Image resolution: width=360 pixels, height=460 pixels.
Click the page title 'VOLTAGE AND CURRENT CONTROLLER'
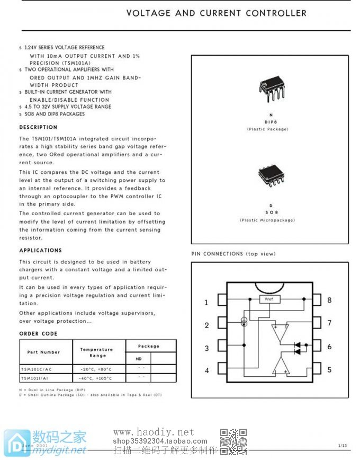coord(216,13)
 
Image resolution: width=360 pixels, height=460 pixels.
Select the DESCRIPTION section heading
coord(38,127)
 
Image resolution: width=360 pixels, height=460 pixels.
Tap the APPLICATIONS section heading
coord(40,250)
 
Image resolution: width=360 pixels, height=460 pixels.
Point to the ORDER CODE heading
coord(38,334)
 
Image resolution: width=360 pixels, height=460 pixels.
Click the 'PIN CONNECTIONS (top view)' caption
coord(233,254)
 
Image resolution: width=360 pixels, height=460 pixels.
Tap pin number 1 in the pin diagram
coord(206,303)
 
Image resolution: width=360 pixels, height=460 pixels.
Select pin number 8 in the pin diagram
coord(329,300)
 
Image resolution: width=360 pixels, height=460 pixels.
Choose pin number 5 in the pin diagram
coord(329,369)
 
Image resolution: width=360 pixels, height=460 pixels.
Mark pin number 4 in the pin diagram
coord(206,370)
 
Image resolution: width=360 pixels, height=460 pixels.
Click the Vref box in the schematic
coord(269,299)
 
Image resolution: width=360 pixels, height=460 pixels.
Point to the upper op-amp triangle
coord(280,333)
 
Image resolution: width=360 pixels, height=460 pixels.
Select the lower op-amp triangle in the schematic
coord(280,365)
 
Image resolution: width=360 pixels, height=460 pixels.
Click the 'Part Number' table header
coord(43,352)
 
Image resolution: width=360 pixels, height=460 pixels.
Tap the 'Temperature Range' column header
coord(97,352)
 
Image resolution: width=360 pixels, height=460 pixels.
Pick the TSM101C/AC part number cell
coord(37,369)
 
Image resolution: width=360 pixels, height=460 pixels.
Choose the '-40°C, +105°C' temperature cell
coord(96,378)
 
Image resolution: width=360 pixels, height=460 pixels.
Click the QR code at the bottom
coord(233,441)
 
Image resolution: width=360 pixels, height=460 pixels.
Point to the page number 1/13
coord(343,446)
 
